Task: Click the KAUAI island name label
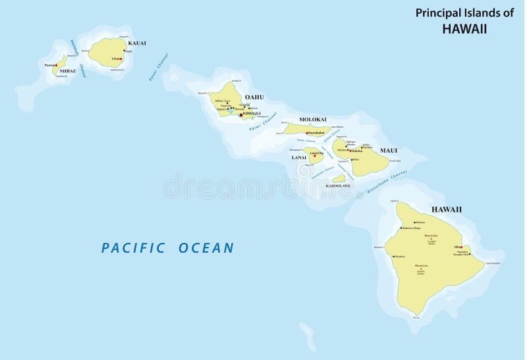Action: [x=137, y=43]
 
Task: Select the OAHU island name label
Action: [x=254, y=97]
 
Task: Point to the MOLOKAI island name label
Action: [x=313, y=119]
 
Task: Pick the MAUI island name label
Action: [x=389, y=151]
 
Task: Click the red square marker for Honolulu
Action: [x=241, y=115]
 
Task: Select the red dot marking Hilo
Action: [x=461, y=247]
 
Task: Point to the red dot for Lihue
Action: [x=121, y=59]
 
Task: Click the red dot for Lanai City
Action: [x=315, y=156]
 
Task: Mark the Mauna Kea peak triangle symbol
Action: [x=431, y=238]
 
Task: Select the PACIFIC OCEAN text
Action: [x=167, y=248]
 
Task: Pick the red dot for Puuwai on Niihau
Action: [x=57, y=65]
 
